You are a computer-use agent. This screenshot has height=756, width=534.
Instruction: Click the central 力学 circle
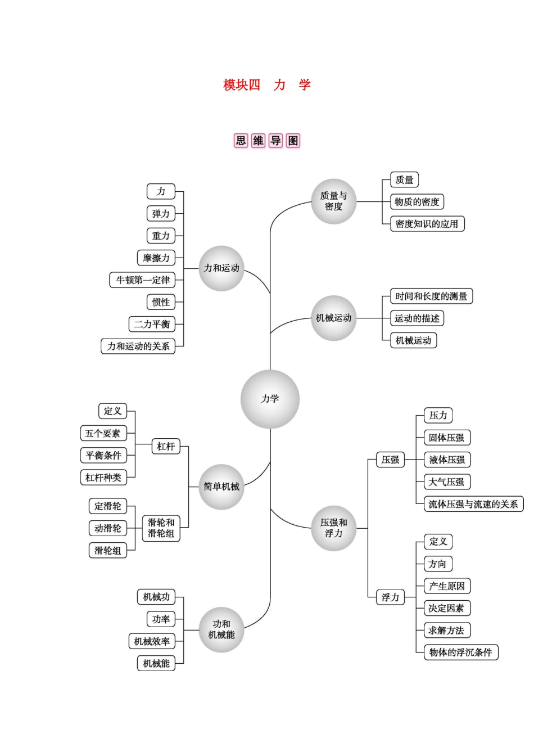click(x=270, y=399)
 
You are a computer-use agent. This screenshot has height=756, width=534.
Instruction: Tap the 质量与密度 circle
click(x=334, y=201)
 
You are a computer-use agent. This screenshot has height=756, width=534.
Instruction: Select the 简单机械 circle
click(x=221, y=487)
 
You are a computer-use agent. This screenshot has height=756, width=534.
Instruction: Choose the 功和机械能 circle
click(x=221, y=629)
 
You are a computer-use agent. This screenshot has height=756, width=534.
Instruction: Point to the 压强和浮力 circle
click(x=334, y=528)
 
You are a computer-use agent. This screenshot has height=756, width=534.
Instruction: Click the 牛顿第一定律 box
click(x=142, y=280)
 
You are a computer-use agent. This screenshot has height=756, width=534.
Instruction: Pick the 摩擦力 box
click(x=156, y=258)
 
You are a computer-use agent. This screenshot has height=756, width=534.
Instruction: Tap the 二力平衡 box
click(x=152, y=324)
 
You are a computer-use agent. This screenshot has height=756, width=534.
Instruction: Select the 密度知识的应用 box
click(x=427, y=224)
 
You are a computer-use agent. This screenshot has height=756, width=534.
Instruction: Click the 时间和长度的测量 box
click(x=431, y=296)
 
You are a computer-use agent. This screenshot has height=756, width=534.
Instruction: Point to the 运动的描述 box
click(x=417, y=318)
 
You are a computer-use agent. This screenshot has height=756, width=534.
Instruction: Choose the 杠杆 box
click(x=166, y=447)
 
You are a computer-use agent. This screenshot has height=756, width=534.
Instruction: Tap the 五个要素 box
click(x=103, y=433)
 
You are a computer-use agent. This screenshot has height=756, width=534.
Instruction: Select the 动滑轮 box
click(x=108, y=528)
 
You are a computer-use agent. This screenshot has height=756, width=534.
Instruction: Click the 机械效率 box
click(x=152, y=641)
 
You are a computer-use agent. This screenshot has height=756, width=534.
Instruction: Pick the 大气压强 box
click(x=447, y=482)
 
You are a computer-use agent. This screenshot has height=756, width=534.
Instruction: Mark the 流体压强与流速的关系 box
click(x=473, y=504)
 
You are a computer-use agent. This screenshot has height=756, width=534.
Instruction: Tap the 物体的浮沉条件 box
click(x=461, y=652)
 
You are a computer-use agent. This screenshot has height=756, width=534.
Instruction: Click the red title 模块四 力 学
click(x=267, y=85)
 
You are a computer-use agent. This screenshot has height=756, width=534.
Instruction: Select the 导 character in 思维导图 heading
click(x=275, y=141)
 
